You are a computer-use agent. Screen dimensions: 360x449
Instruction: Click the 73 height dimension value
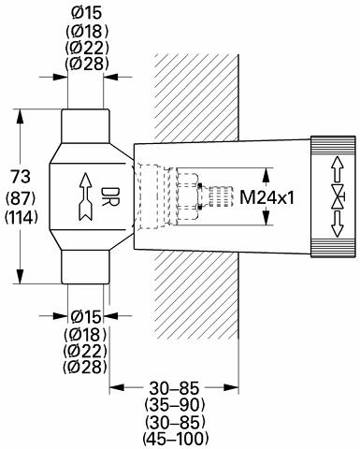21,177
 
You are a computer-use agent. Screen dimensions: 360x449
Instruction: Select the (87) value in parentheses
21,199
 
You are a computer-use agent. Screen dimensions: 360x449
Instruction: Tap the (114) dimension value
21,217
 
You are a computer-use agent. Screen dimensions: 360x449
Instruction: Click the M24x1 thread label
266,197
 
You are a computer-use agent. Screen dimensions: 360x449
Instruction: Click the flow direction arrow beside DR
85,196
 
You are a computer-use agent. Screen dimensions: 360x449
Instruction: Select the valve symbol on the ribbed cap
338,196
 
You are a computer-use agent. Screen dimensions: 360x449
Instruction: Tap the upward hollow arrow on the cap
338,169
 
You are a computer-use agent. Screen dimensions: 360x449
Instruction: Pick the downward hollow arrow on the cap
338,224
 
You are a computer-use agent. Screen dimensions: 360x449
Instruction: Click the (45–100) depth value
176,438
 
